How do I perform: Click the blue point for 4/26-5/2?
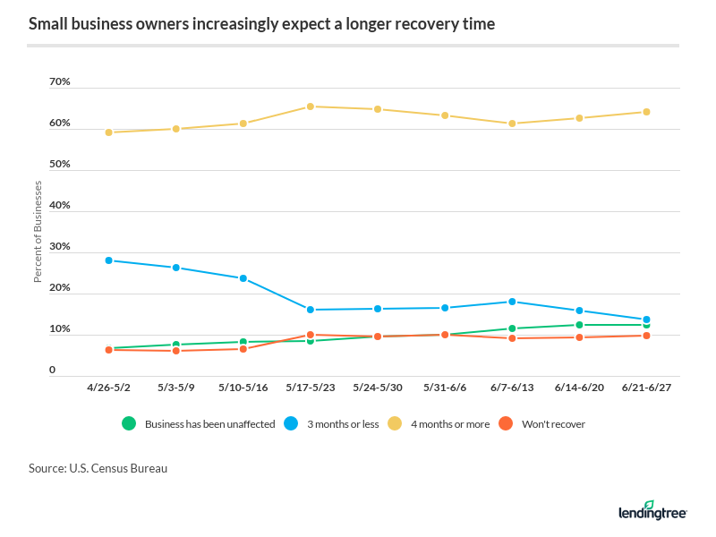[x=108, y=260]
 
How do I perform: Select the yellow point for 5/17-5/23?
[x=310, y=107]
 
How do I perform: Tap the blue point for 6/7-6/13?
[x=512, y=302]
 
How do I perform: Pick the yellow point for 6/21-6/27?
[x=646, y=112]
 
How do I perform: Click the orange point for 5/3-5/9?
[x=175, y=351]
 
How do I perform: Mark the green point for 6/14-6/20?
[x=579, y=325]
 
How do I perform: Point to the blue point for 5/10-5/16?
[x=243, y=278]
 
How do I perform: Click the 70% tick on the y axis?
[x=59, y=82]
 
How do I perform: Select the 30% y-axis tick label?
[x=59, y=247]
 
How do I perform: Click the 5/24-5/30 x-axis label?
[x=377, y=388]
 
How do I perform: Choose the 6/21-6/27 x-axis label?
[x=646, y=388]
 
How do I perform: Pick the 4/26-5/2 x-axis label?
[x=108, y=388]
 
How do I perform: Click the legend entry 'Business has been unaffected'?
[x=209, y=424]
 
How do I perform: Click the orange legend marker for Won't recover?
[x=506, y=424]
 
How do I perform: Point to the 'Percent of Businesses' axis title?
[x=38, y=232]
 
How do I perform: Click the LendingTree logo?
[x=652, y=510]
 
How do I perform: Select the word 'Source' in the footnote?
[x=47, y=468]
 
